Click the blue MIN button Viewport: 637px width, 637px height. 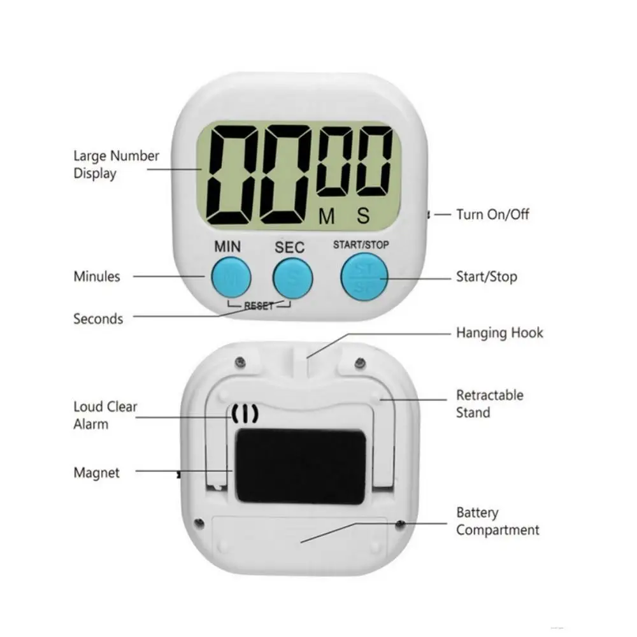click(231, 278)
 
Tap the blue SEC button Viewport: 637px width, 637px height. click(292, 278)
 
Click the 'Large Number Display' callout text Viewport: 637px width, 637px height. click(116, 164)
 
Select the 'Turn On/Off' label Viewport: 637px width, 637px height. click(492, 214)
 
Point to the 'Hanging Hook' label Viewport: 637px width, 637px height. click(499, 333)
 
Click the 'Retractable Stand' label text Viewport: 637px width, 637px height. click(489, 404)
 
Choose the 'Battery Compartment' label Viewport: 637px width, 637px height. click(497, 521)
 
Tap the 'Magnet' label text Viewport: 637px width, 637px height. click(97, 473)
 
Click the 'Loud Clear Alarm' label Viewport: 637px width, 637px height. click(105, 415)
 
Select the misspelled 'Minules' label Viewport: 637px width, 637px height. click(97, 276)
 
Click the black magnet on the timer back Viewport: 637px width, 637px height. click(301, 467)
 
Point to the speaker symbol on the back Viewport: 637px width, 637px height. click(245, 414)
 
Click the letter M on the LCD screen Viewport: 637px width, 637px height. click(327, 216)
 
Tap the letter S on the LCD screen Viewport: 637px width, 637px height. click(363, 216)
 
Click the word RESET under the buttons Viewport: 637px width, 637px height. click(259, 306)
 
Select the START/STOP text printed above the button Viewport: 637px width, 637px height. click(361, 245)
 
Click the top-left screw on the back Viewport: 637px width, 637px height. click(241, 361)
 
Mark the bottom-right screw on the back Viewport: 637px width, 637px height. click(400, 524)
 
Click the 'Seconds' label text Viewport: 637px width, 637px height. click(98, 319)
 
